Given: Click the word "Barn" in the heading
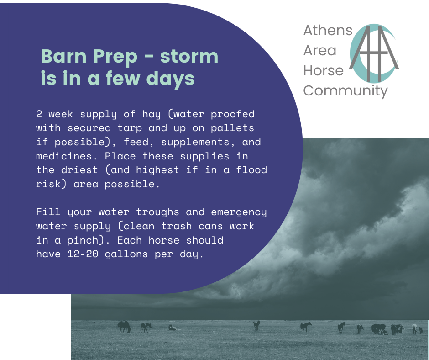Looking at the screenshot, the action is [x=63, y=56].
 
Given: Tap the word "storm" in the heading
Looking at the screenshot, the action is [x=189, y=56].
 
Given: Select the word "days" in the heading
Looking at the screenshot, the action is [x=170, y=79].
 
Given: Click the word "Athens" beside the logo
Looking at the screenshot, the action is [x=328, y=31].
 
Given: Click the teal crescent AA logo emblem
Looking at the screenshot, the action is [x=374, y=53].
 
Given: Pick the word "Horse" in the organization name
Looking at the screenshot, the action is [x=324, y=71].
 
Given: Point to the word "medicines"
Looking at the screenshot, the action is [x=67, y=156].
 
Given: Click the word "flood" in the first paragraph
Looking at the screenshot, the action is [x=251, y=170].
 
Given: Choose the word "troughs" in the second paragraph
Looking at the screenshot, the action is [x=157, y=212].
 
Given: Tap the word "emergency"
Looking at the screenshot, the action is [x=239, y=212].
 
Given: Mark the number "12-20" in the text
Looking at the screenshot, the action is [x=83, y=254].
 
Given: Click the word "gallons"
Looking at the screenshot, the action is [x=126, y=254].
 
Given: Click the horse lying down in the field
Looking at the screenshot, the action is [x=172, y=328].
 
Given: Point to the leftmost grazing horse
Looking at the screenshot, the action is [x=124, y=327].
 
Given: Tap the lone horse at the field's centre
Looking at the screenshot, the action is [x=256, y=325].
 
